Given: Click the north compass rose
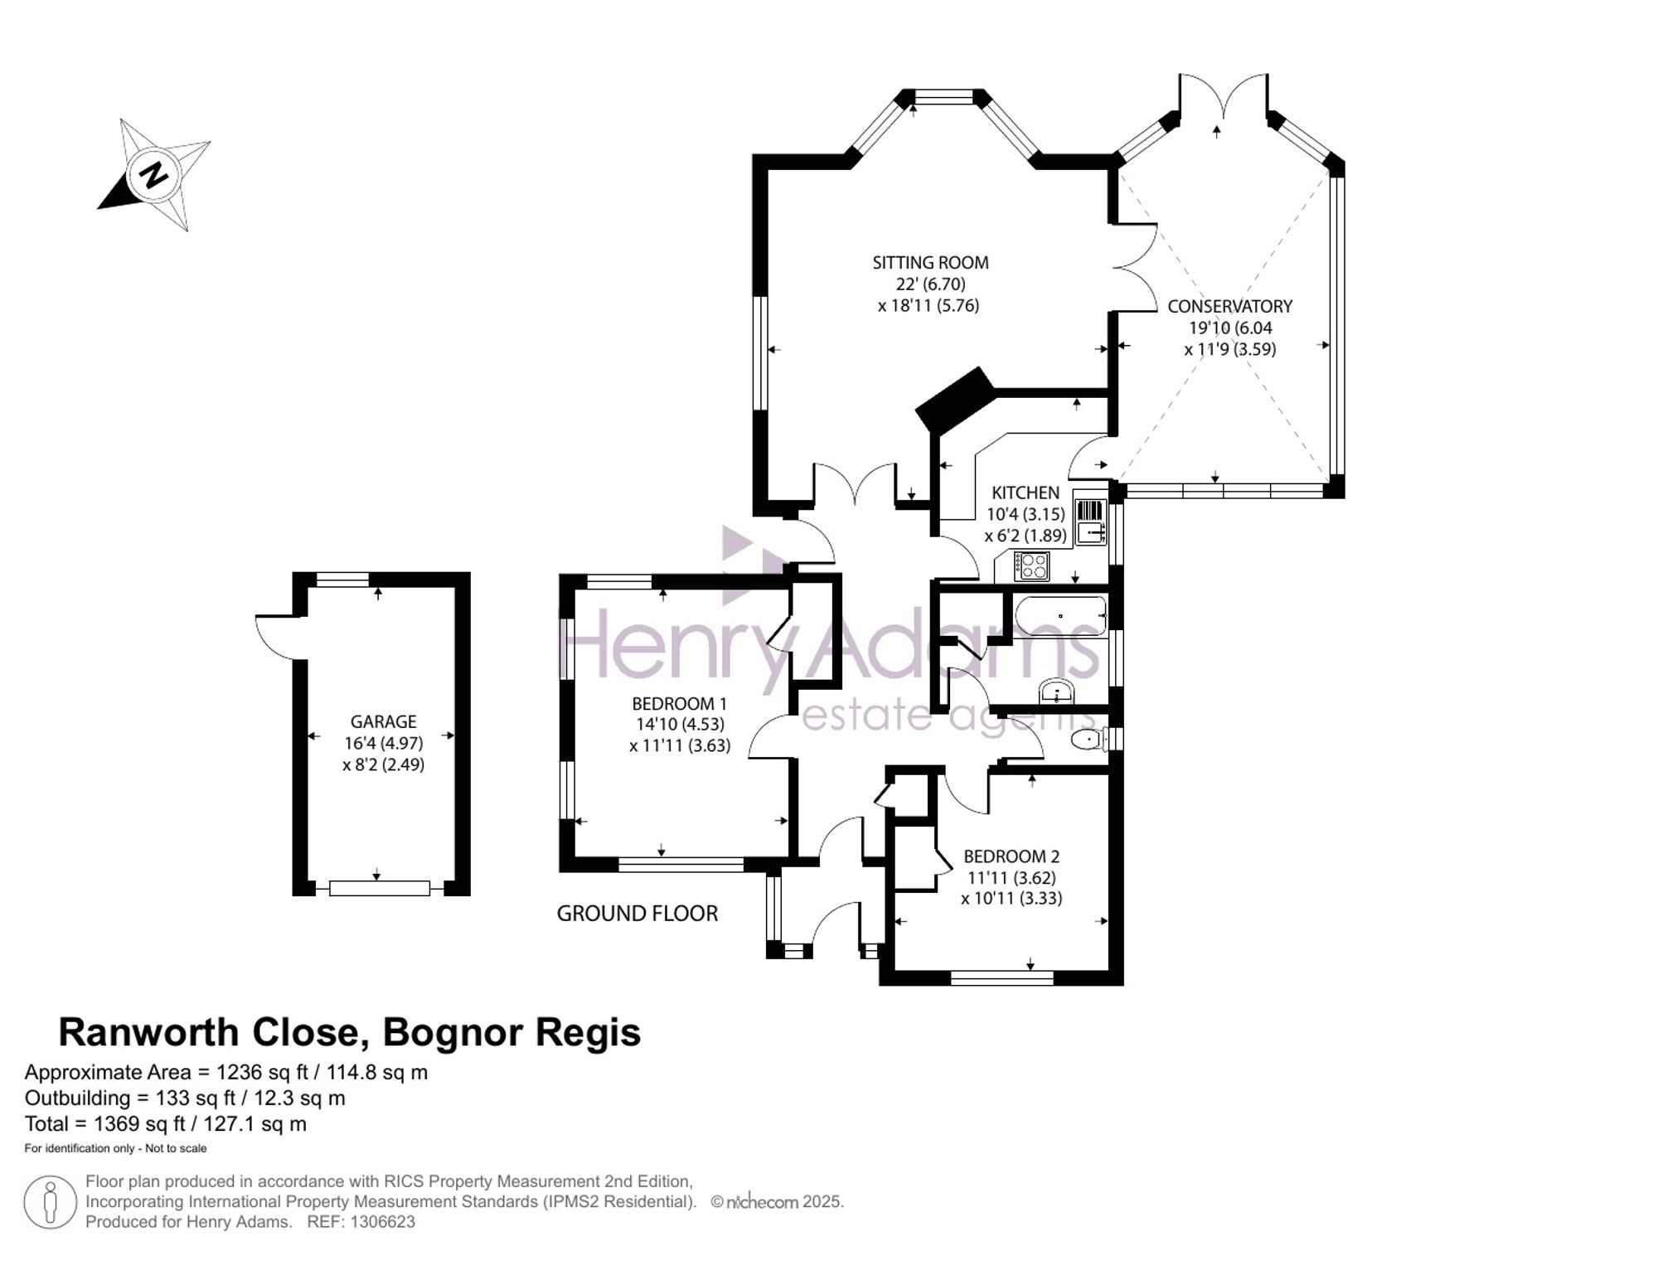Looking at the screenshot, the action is coord(154,175).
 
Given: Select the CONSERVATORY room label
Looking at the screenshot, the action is coord(1230,306).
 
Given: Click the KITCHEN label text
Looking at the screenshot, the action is coord(1025,492).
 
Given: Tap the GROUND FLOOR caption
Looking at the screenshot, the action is coord(637,914).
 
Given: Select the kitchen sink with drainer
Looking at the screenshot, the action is coord(1090,521).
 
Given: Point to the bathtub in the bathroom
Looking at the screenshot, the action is coord(1061,616).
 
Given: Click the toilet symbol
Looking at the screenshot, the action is coord(1088,738).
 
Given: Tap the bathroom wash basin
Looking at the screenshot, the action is coord(1056,691).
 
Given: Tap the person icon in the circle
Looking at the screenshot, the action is coord(51,1202).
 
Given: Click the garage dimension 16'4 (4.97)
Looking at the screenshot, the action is coord(383,744).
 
